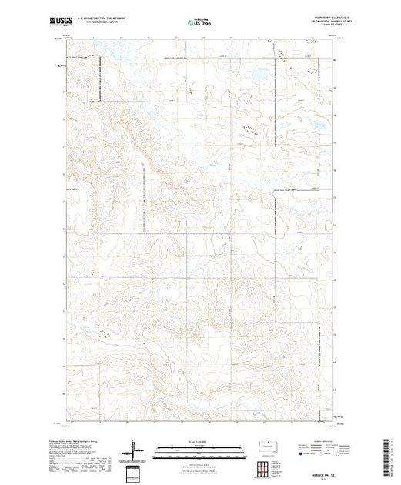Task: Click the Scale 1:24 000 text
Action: pos(199,444)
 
